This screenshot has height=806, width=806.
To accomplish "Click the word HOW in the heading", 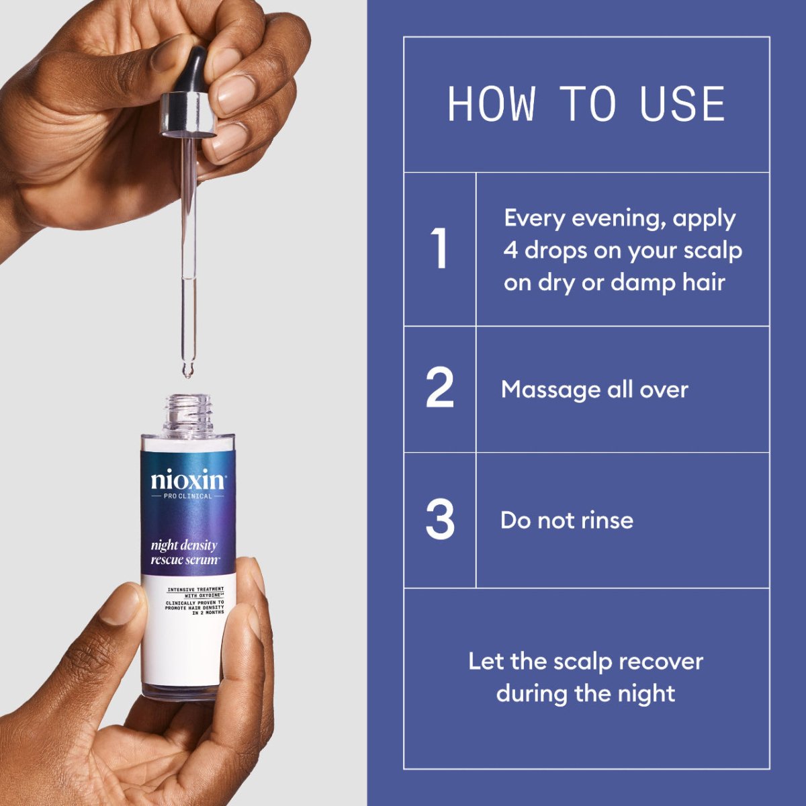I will click(492, 105).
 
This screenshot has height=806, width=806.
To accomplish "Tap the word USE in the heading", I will click(682, 105).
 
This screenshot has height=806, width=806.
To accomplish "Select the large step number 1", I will click(439, 249).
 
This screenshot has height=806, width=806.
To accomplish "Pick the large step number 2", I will click(440, 388).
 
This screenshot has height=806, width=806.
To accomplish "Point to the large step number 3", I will click(440, 519).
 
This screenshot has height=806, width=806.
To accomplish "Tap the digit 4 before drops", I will click(511, 251).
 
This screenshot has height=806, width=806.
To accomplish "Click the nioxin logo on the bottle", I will click(188, 480).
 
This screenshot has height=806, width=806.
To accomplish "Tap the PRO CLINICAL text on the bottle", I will click(188, 496).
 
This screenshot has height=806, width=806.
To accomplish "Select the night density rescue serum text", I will click(185, 552).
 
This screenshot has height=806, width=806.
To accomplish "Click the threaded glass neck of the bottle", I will click(189, 410).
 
